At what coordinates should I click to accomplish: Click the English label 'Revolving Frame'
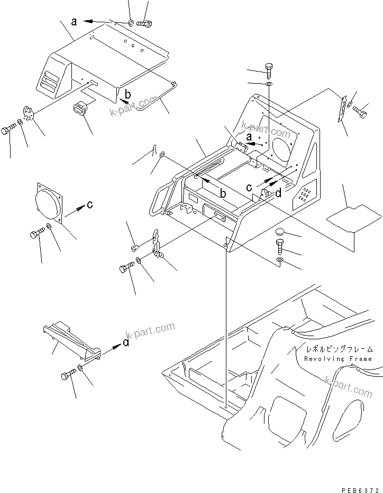click(x=338, y=359)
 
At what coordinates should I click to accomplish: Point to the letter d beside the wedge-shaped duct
click(x=125, y=342)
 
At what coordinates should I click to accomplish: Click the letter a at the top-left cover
click(x=74, y=22)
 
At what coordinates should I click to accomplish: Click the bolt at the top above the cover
click(x=144, y=23)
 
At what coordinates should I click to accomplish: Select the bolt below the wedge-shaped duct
click(x=67, y=376)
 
